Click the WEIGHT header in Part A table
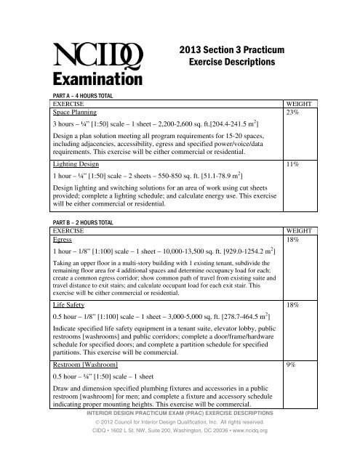(305, 104)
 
